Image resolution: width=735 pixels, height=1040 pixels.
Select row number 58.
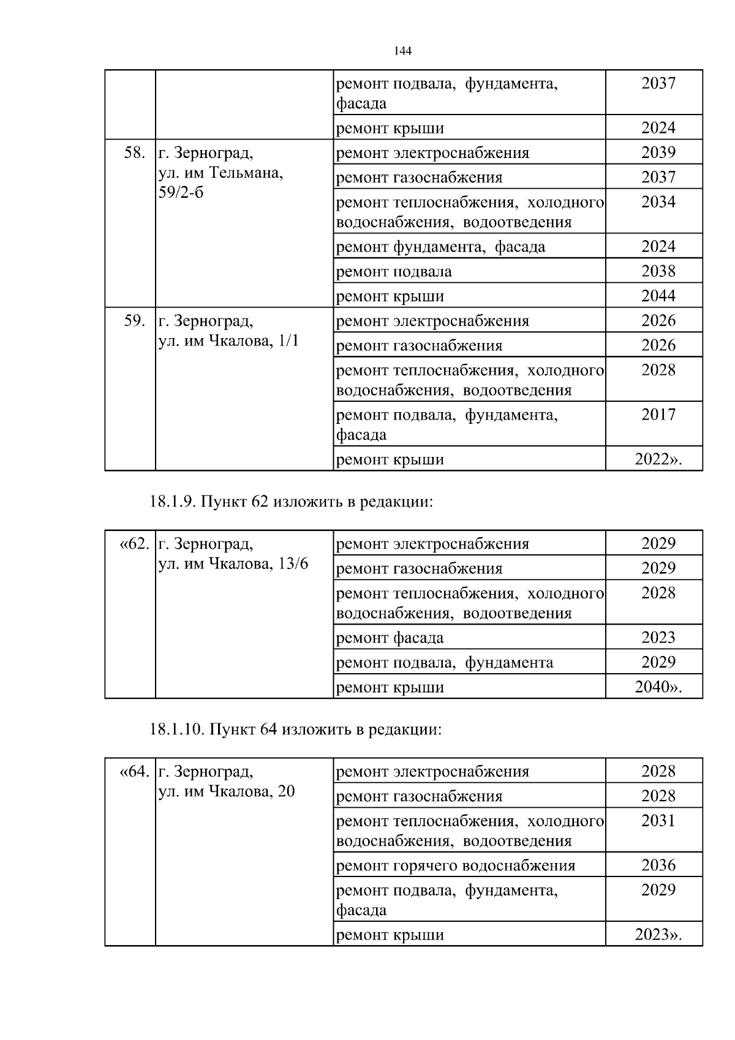134,153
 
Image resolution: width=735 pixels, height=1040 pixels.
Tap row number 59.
134,321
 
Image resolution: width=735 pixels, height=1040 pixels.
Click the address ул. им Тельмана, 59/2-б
221,173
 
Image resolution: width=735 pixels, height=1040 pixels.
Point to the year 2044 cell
658,296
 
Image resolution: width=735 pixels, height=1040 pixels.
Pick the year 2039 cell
658,153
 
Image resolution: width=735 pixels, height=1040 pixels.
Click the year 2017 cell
658,415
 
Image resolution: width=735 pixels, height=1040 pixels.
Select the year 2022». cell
658,459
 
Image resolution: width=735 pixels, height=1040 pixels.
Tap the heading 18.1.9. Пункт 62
291,502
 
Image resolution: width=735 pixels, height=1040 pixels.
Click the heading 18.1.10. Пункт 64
295,730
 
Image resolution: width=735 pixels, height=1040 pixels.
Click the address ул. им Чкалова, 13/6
233,564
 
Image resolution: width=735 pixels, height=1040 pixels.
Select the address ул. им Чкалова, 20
226,792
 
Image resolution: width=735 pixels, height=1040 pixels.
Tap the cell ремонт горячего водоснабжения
456,865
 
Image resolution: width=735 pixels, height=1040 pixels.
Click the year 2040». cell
658,687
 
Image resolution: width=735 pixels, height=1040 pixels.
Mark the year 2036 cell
658,865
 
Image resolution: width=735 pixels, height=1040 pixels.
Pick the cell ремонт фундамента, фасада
440,247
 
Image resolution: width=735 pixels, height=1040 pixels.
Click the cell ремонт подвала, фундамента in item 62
445,663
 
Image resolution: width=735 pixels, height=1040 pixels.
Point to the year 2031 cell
658,821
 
